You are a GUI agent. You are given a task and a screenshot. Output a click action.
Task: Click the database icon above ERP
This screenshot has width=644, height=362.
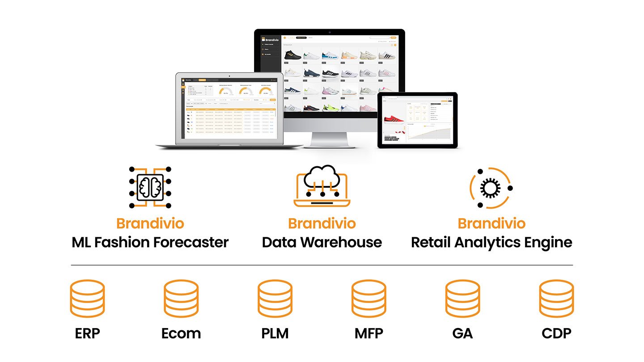(87, 299)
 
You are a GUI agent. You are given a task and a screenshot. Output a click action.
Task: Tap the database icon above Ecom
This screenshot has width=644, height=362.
(181, 299)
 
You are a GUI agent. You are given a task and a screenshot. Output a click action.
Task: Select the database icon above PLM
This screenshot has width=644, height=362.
(275, 299)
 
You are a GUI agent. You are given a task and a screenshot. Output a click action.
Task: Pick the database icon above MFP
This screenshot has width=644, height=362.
(369, 299)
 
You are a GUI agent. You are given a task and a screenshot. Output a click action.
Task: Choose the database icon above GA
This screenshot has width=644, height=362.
(462, 299)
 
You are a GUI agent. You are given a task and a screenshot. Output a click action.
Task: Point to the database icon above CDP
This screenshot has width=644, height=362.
(556, 299)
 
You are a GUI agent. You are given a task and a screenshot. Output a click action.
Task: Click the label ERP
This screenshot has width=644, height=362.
(87, 333)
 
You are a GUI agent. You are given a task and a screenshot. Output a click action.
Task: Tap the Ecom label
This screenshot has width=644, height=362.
(181, 333)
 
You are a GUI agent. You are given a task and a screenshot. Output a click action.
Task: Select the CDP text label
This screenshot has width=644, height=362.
(556, 333)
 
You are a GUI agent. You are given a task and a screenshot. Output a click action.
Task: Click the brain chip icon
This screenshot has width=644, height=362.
(150, 187)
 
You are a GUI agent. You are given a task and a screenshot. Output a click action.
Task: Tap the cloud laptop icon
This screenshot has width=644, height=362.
(322, 188)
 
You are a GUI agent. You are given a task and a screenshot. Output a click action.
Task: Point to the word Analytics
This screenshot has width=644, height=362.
(486, 243)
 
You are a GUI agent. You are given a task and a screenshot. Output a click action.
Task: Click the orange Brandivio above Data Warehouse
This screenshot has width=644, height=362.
(322, 223)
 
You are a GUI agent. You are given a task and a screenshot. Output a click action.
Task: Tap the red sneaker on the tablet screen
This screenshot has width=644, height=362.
(394, 119)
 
